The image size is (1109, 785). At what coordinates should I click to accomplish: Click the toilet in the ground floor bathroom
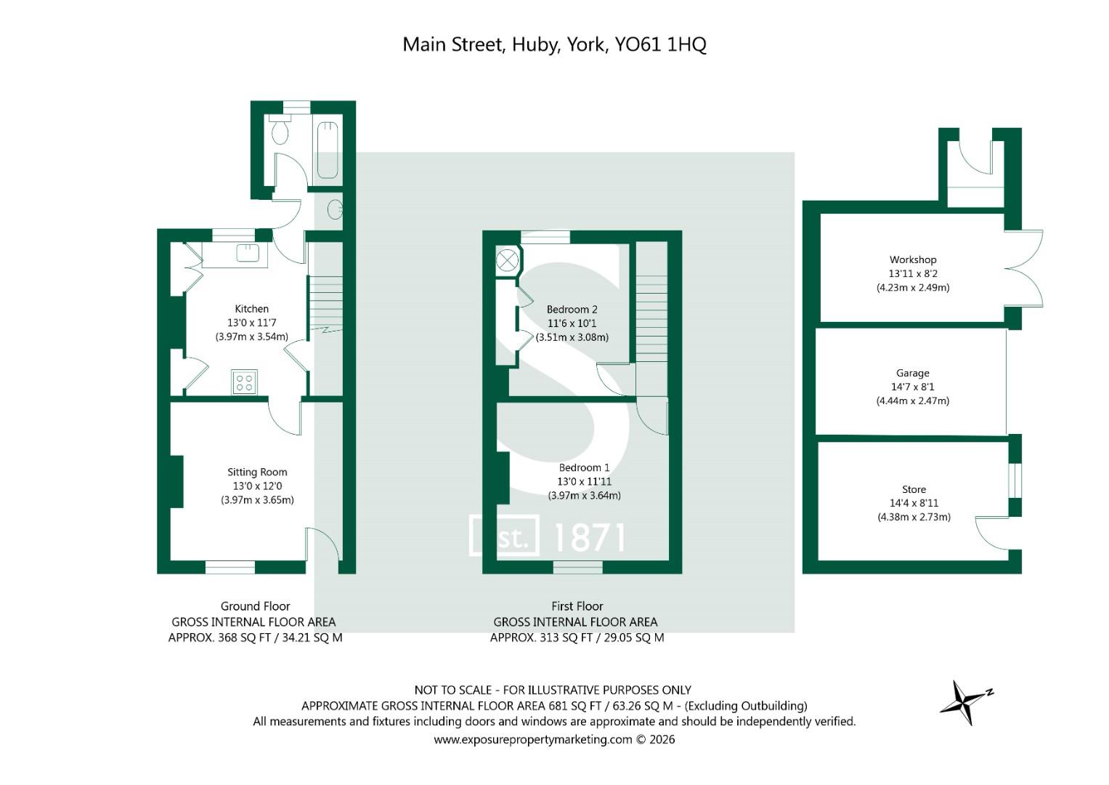(x=280, y=129)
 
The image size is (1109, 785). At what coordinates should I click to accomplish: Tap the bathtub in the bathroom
(x=328, y=150)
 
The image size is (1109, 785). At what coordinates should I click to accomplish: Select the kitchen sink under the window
(x=248, y=253)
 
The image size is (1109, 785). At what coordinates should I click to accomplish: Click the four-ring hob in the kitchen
(x=244, y=382)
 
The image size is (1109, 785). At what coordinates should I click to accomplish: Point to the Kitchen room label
(x=251, y=309)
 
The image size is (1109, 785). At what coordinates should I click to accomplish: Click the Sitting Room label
(x=257, y=472)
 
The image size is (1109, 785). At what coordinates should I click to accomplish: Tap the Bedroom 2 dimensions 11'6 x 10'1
(x=572, y=323)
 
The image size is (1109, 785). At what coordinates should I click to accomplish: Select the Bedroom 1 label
(x=584, y=467)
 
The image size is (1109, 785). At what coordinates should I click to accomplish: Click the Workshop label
(x=913, y=259)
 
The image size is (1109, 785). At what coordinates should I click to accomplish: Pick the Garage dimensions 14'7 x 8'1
(x=913, y=387)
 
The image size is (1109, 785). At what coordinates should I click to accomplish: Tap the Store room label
(x=914, y=489)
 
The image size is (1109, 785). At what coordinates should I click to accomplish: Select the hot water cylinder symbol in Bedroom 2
(x=508, y=259)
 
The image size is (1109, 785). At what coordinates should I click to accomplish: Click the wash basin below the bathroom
(x=336, y=209)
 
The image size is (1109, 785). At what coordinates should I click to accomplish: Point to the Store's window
(x=1015, y=480)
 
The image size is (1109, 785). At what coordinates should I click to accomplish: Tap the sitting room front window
(x=230, y=567)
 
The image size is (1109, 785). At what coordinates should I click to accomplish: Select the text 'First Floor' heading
(x=577, y=606)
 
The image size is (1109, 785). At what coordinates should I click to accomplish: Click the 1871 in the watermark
(x=589, y=538)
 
